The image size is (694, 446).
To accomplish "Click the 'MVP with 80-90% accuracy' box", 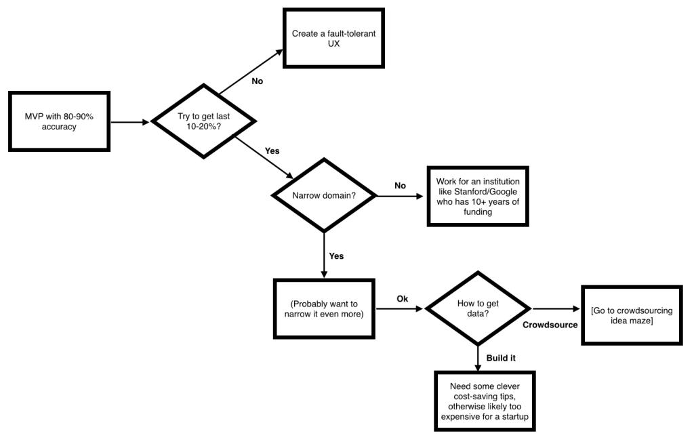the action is [60, 122].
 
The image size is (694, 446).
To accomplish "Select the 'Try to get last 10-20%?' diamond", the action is [203, 121].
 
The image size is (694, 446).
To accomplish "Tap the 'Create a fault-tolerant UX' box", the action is [333, 39].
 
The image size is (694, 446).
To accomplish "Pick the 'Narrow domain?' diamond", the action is [324, 195].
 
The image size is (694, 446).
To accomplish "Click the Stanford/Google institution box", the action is [478, 197].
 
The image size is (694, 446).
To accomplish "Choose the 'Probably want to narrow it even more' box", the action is [324, 309].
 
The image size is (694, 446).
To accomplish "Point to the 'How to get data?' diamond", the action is [478, 308].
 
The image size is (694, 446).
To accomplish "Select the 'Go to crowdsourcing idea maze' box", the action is [632, 315].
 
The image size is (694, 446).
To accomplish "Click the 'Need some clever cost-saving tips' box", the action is [485, 401].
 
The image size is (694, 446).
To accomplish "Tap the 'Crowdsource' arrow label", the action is [550, 325].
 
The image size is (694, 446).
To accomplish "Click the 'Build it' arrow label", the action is [501, 358].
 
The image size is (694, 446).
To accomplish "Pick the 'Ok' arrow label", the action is [403, 299].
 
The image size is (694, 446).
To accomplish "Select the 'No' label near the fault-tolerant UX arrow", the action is [257, 81].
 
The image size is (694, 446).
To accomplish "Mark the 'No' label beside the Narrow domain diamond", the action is [400, 186].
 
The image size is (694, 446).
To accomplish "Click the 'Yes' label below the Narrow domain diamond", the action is [336, 256].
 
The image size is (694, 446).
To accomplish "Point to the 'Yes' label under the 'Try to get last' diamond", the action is [272, 150].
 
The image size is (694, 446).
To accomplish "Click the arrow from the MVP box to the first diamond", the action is [130, 122].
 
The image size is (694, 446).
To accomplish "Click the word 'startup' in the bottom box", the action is [515, 416].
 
